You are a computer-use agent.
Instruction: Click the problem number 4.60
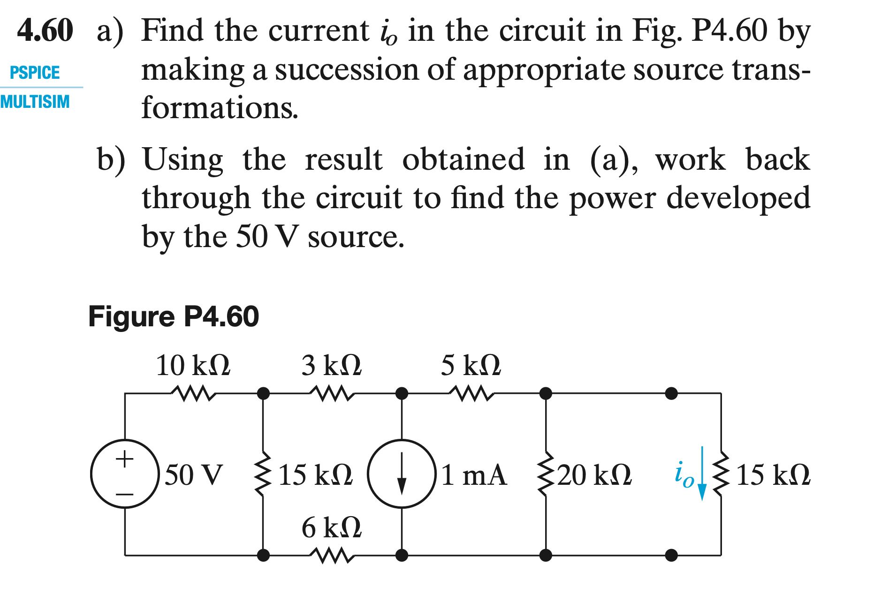tap(45, 30)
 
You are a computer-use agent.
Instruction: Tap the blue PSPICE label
tap(35, 73)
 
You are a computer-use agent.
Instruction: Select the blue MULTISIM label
tap(35, 102)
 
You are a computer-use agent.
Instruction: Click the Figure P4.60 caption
tap(173, 316)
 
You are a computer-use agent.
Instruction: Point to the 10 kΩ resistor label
tap(193, 366)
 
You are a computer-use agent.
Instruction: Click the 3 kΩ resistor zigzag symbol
tap(332, 393)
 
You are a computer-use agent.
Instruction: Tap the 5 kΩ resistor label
tap(471, 366)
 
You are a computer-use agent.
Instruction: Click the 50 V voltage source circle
tap(125, 474)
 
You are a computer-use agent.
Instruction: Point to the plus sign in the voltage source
tap(124, 458)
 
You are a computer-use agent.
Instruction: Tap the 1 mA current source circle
tap(402, 474)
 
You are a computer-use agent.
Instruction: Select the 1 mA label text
tap(474, 475)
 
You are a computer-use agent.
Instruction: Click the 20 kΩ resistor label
tap(594, 475)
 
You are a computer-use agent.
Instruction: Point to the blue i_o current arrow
tap(702, 474)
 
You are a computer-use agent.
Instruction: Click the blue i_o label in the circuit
tap(684, 475)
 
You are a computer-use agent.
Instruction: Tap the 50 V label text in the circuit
tap(194, 475)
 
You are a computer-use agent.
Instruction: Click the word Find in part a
tap(172, 30)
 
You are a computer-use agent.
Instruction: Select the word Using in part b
tap(182, 159)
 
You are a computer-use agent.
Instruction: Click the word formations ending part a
tap(220, 108)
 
